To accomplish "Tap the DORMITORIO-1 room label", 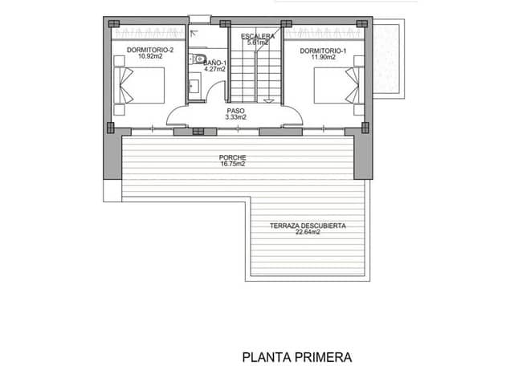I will click(323, 50).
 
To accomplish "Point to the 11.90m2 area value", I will click(323, 57).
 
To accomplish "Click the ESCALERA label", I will click(258, 37).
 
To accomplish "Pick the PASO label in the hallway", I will click(235, 111).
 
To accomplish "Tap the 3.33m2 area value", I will click(235, 118).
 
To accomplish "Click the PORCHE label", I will click(231, 157).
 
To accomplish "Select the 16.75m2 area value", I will click(231, 165).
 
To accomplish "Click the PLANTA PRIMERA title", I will click(297, 356).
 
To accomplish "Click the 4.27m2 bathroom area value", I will click(214, 69).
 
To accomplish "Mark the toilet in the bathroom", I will click(195, 58).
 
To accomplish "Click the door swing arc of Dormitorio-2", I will click(176, 112).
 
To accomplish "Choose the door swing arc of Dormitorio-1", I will click(294, 112).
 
